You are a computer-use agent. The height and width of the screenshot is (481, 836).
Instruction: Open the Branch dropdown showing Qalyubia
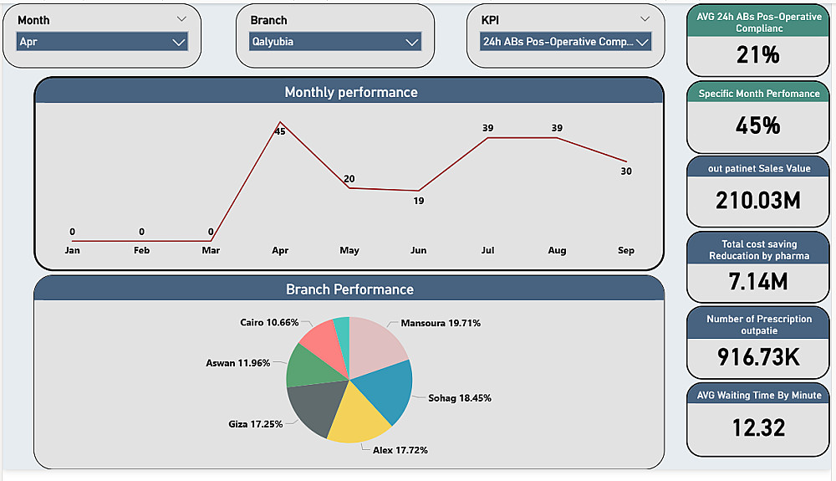coord(334,42)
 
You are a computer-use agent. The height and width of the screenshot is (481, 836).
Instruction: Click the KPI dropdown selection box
coord(565,42)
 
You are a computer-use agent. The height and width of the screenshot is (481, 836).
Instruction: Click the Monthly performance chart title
coord(350,92)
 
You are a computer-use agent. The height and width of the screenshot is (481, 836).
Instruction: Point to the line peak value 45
coord(280,130)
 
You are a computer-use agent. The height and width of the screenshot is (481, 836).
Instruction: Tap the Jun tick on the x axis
coord(419,250)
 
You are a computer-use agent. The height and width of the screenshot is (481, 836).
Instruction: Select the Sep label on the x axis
coord(626,250)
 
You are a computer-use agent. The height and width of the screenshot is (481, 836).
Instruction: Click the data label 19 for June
coord(419,201)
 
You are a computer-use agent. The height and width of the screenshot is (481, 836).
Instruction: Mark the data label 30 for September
coord(626,171)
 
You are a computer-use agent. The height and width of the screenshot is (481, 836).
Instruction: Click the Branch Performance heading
coord(349,289)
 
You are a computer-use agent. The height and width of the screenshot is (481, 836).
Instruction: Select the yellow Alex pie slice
coord(357,417)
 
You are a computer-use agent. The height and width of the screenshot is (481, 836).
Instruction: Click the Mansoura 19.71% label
coord(441,323)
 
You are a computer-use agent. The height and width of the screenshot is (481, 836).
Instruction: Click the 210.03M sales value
coord(757,200)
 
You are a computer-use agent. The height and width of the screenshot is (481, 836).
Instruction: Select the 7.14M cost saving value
coord(757,282)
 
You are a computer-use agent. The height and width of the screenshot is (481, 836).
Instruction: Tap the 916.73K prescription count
coord(757,357)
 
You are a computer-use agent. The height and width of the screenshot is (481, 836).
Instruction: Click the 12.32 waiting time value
coord(757,428)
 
